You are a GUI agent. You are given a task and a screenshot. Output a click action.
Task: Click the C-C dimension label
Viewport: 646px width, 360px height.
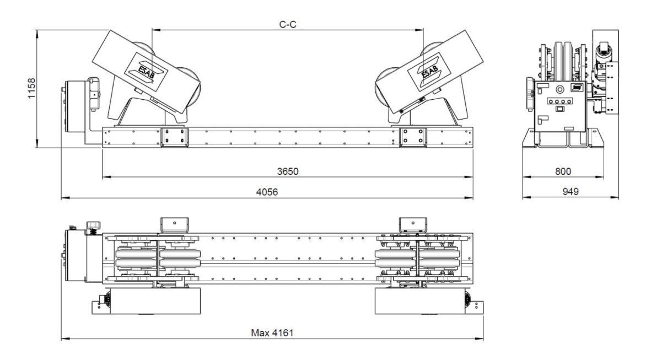click(288, 24)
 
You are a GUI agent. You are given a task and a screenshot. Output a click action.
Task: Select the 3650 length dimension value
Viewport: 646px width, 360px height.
click(288, 171)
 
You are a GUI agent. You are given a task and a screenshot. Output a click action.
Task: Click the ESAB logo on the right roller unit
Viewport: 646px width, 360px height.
click(428, 70)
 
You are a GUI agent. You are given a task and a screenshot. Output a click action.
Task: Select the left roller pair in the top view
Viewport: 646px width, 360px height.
click(159, 258)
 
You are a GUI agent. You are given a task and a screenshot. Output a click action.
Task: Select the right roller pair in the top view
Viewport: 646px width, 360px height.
click(418, 258)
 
